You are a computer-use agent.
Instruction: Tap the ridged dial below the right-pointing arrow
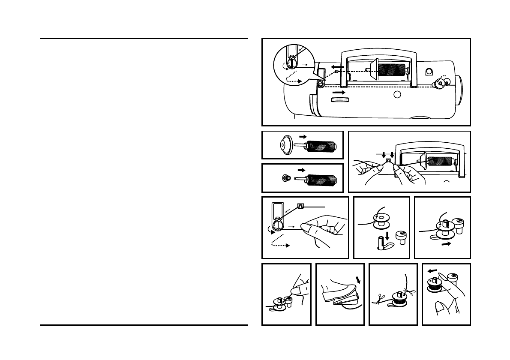[340, 99]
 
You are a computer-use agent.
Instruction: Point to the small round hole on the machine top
[397, 94]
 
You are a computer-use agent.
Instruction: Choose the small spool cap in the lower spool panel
[284, 178]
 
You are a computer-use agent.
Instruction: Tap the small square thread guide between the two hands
[388, 161]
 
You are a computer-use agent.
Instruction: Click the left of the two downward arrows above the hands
[384, 154]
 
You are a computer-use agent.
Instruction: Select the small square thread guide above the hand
[300, 206]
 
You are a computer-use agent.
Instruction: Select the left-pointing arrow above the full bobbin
[433, 271]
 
